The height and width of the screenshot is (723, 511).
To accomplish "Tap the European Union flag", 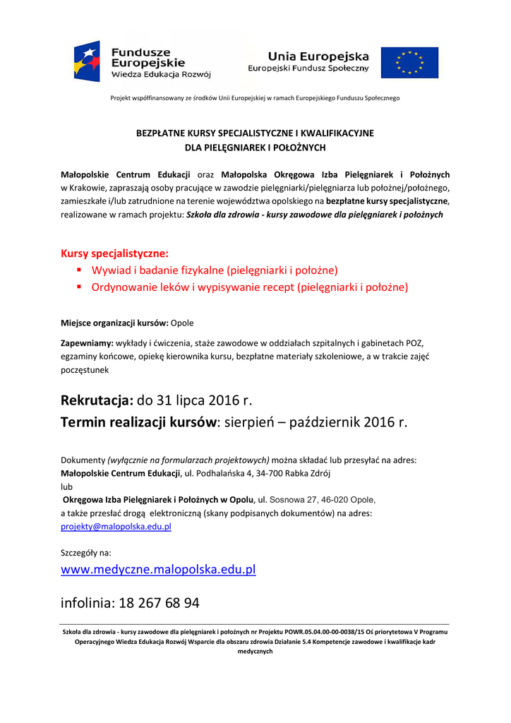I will point(409,62).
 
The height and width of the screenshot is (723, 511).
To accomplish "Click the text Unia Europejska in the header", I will point(318,56).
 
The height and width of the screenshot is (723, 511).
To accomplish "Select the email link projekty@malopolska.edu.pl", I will point(116,526).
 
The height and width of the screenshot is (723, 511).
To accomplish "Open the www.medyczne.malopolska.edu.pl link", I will point(158,569).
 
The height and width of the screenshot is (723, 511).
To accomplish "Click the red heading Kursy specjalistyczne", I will point(115,253).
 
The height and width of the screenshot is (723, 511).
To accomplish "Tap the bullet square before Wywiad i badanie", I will point(80,270).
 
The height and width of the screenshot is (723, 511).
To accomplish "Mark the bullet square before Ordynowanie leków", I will point(80,287).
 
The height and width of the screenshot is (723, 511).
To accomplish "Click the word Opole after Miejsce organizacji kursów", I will point(182,323).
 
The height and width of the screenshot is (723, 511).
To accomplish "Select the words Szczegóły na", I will point(85,553).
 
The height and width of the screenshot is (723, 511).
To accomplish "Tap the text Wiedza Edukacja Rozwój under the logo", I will point(161,74).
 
